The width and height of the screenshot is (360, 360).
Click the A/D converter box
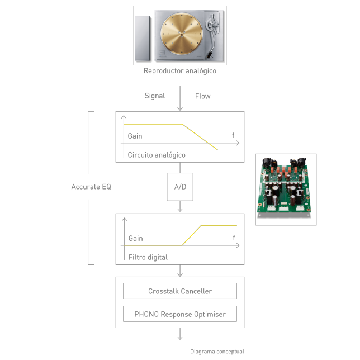(x=180, y=187)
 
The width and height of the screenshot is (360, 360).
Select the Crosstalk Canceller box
(x=180, y=291)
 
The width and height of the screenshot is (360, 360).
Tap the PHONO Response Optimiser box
(x=180, y=314)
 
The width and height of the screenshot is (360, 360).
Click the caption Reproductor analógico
(x=180, y=71)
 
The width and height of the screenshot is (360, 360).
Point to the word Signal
(x=155, y=96)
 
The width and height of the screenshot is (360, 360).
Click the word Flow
(x=202, y=96)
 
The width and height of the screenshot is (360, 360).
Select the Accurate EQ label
(x=91, y=187)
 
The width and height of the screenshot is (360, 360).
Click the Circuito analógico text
(x=157, y=155)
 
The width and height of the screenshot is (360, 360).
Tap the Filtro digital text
(x=148, y=257)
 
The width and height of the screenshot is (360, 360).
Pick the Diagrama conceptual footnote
(x=217, y=352)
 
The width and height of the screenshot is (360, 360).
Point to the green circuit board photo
(x=286, y=189)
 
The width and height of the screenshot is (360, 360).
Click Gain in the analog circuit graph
(x=135, y=136)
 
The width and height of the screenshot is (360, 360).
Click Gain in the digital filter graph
(x=135, y=238)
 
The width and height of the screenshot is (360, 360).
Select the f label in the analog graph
(x=233, y=135)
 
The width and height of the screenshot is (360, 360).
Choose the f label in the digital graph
(x=234, y=238)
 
